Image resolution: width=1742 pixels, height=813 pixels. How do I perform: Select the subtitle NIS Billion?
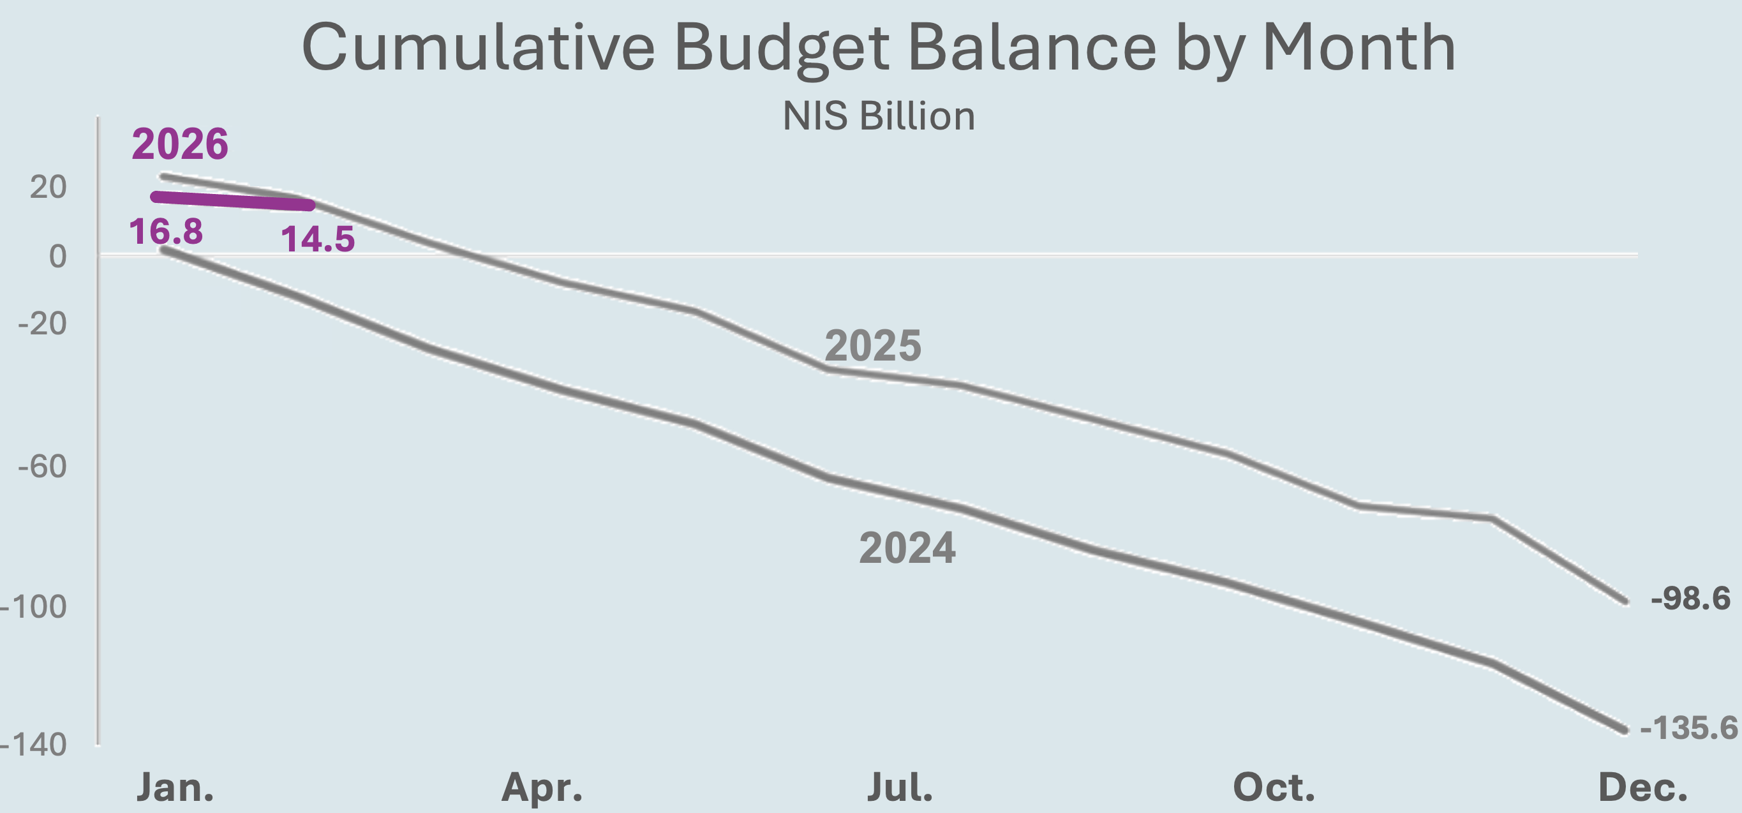coord(879,116)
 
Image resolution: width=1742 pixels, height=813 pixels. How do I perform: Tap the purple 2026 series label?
coord(180,144)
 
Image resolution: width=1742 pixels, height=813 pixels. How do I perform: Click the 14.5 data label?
coord(318,239)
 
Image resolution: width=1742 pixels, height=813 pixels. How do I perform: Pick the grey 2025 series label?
coord(872,346)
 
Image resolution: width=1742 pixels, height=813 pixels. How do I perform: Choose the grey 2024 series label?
coord(907,548)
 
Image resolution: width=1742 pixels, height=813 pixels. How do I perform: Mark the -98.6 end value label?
coord(1690,599)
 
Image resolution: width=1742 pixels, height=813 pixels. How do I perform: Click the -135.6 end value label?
coord(1688,727)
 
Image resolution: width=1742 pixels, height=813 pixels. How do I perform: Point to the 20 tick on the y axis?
coord(48,188)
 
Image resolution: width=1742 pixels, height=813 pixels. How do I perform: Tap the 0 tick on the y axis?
coord(57,257)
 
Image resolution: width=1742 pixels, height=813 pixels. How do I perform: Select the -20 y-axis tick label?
coord(42,324)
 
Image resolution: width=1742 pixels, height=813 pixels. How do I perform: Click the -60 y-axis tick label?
coord(42,466)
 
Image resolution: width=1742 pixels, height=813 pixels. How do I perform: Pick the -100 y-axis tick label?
coord(34,607)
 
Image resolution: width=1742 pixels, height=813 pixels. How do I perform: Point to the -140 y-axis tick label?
coord(34,745)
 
